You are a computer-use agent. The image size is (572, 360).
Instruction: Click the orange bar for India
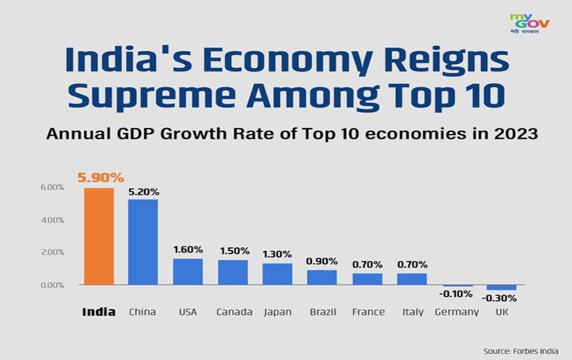point(98,236)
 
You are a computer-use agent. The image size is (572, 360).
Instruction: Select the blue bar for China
point(143,242)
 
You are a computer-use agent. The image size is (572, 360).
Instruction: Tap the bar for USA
point(188,272)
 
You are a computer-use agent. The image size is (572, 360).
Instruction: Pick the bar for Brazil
point(322,277)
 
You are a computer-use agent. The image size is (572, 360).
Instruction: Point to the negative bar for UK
point(501,288)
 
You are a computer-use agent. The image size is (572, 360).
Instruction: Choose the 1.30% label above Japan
point(278,254)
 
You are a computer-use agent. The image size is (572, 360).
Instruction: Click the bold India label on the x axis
point(98,312)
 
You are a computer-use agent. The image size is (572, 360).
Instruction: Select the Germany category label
point(456,312)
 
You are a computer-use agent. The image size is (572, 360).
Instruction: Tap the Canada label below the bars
point(233,312)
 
